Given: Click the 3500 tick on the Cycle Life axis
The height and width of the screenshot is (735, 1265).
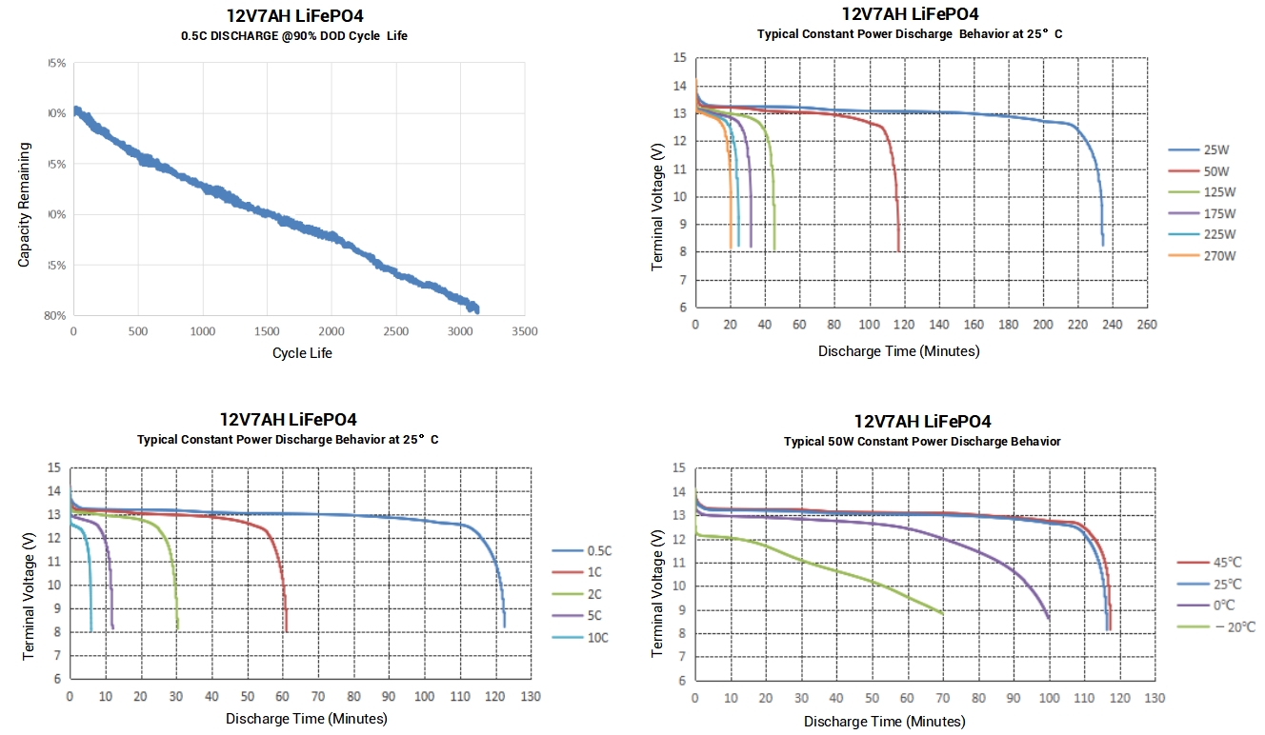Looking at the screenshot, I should [525, 332].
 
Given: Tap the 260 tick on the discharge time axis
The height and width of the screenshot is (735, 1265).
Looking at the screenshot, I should [1148, 325].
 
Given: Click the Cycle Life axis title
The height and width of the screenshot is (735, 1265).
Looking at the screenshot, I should [302, 353].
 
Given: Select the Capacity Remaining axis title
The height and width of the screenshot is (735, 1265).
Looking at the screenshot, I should [25, 205].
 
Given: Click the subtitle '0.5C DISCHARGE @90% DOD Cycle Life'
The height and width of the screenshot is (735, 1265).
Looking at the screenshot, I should [294, 36].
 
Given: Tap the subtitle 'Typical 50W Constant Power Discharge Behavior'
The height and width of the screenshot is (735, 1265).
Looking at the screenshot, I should [921, 442].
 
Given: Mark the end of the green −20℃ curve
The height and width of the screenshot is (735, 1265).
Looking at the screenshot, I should [943, 614].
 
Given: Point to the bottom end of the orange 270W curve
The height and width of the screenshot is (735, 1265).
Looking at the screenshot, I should [731, 247].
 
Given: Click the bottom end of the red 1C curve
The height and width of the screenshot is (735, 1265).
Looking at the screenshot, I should [287, 630].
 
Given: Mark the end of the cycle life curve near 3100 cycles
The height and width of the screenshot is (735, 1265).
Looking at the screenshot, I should [476, 310].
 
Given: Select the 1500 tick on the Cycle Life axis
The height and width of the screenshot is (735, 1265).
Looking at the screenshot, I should [268, 332].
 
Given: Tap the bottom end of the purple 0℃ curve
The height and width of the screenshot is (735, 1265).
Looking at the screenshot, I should [1049, 620].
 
